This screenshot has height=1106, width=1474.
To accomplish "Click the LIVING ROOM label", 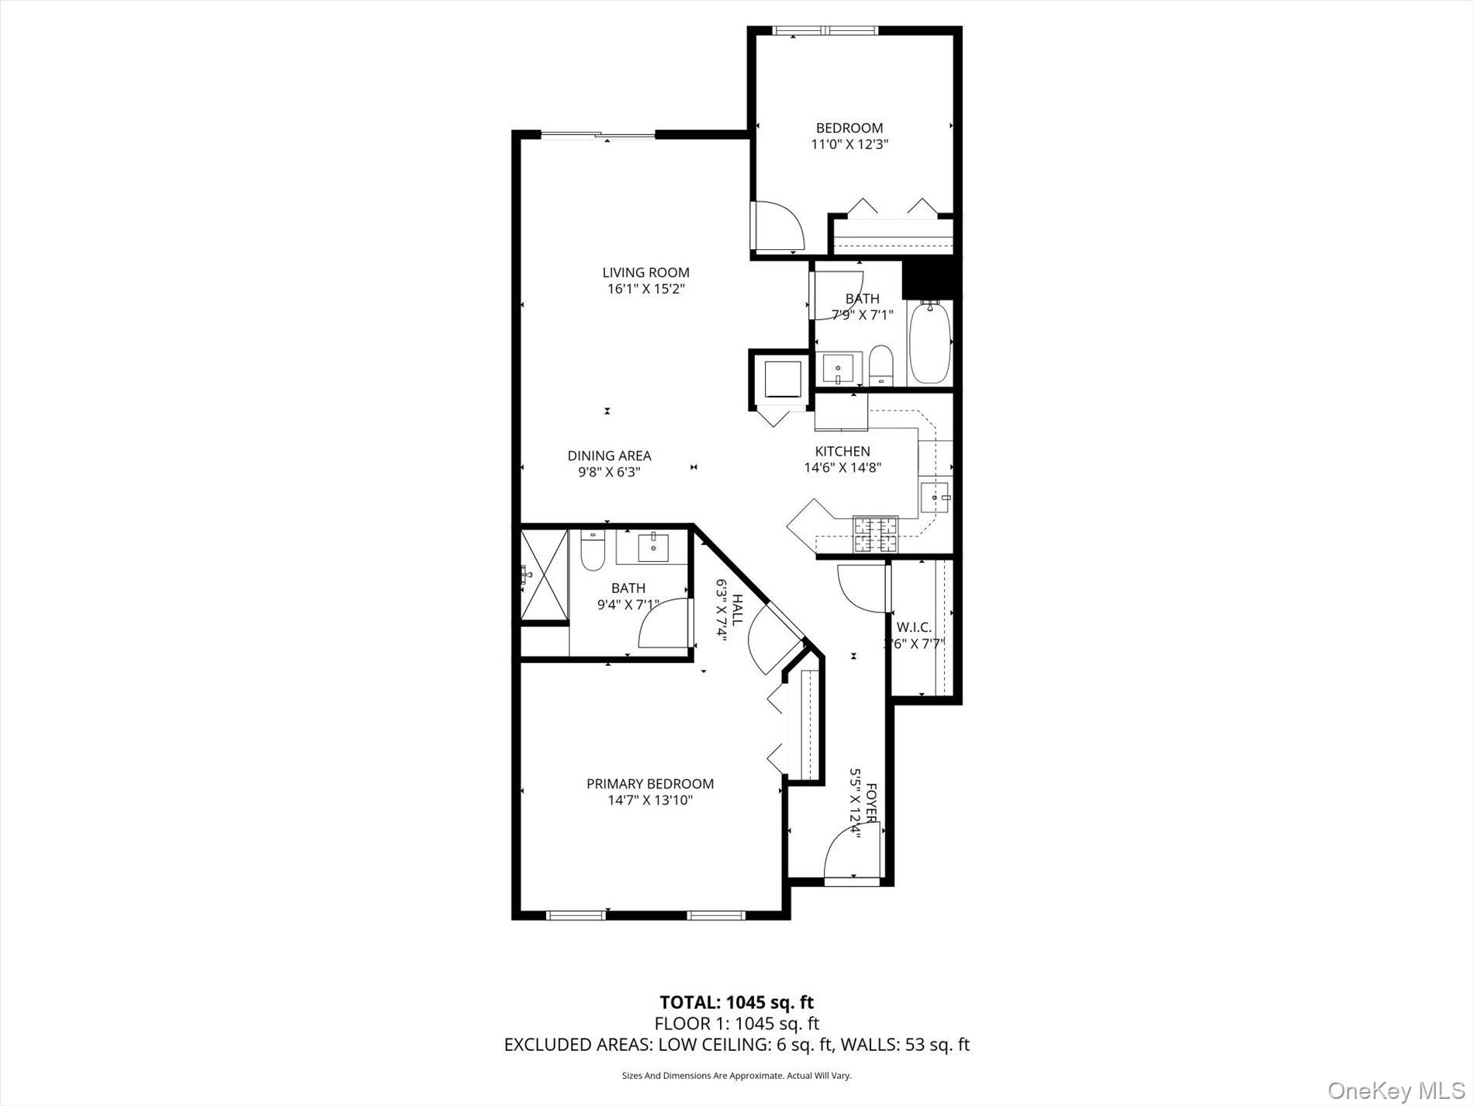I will [x=645, y=272].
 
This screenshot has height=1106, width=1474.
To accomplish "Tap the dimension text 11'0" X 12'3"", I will [x=849, y=144].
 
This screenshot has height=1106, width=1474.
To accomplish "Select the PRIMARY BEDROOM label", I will [x=649, y=784].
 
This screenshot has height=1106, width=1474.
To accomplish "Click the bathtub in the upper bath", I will [x=929, y=343].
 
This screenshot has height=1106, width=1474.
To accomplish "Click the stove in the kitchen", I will [x=875, y=532].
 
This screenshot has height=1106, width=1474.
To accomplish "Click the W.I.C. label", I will [x=914, y=626].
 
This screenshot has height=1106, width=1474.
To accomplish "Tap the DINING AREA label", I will [x=609, y=456].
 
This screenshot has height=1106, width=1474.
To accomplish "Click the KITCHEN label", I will [x=842, y=451].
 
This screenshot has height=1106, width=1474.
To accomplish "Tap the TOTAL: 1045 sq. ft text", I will [x=736, y=1002].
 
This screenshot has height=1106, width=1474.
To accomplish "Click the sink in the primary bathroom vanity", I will [x=653, y=548].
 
